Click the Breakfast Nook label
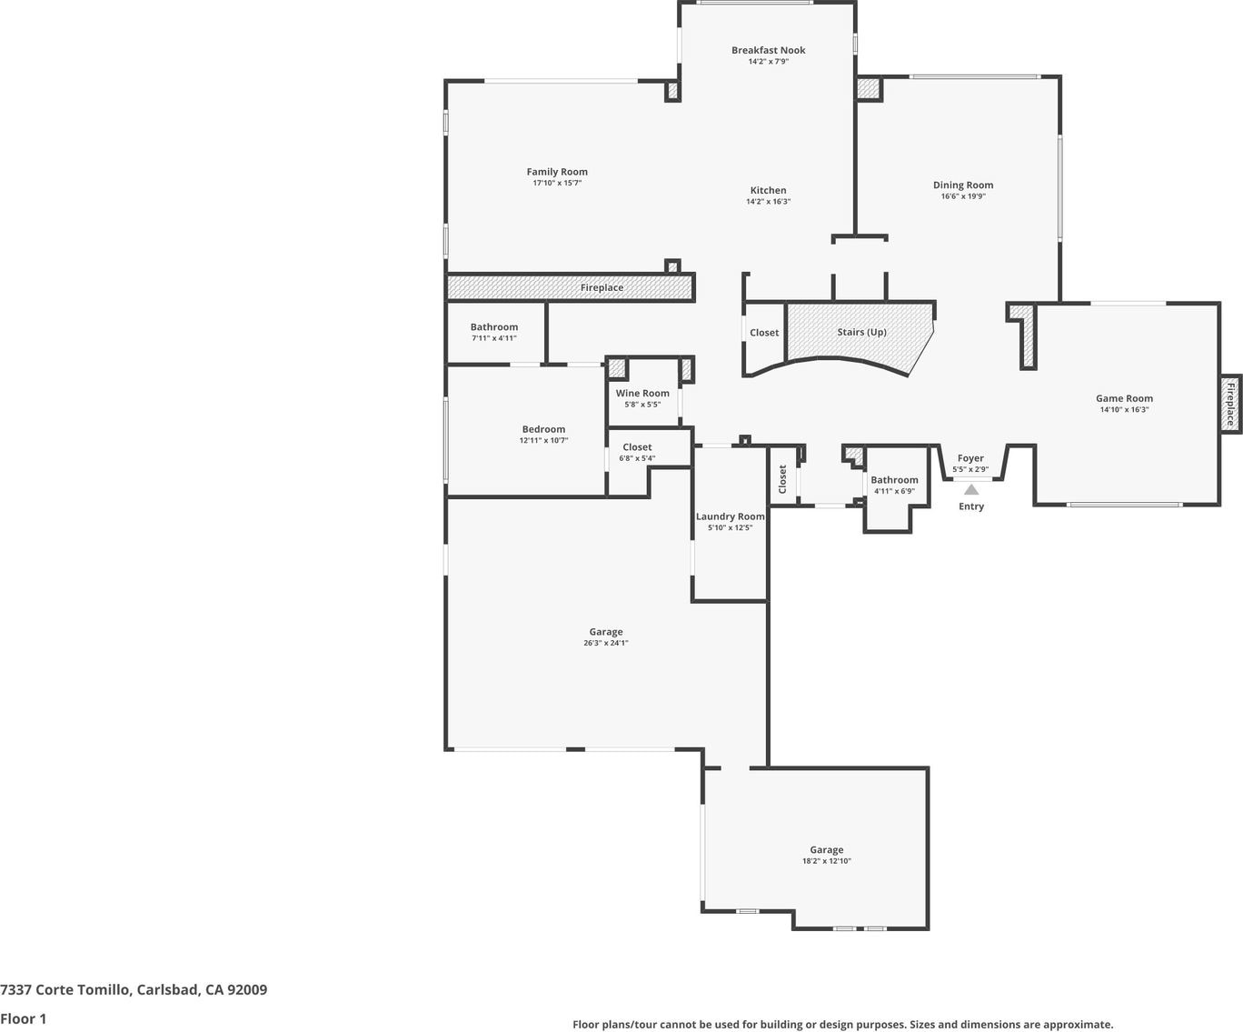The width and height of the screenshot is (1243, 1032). coord(768,50)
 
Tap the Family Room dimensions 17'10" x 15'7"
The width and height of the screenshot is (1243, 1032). coord(557,183)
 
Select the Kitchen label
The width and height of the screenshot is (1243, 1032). coord(768,190)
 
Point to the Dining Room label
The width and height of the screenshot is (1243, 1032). coord(962,185)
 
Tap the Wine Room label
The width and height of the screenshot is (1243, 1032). coord(642,394)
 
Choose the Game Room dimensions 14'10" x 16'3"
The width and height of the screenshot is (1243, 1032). coord(1124,409)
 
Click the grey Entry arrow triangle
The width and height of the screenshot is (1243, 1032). coord(971,489)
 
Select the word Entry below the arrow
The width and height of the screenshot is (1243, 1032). coord(971,506)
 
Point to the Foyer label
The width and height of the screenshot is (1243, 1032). coord(970,458)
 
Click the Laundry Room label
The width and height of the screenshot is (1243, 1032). coord(730,516)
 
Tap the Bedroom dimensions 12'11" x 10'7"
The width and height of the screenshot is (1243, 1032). coord(543,440)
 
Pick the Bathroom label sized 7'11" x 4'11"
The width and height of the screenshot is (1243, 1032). coord(494,327)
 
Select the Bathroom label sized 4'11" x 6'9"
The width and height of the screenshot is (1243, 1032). coord(894,480)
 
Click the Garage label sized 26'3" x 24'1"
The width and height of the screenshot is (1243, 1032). coord(606,632)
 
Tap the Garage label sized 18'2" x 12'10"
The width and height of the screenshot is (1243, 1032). coord(826,849)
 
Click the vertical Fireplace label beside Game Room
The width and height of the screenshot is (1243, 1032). coord(1230,405)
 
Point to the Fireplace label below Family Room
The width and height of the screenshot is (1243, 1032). coord(602,288)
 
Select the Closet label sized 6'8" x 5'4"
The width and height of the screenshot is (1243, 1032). coord(637,446)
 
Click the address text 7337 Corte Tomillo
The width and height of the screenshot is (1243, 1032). coord(65,989)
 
